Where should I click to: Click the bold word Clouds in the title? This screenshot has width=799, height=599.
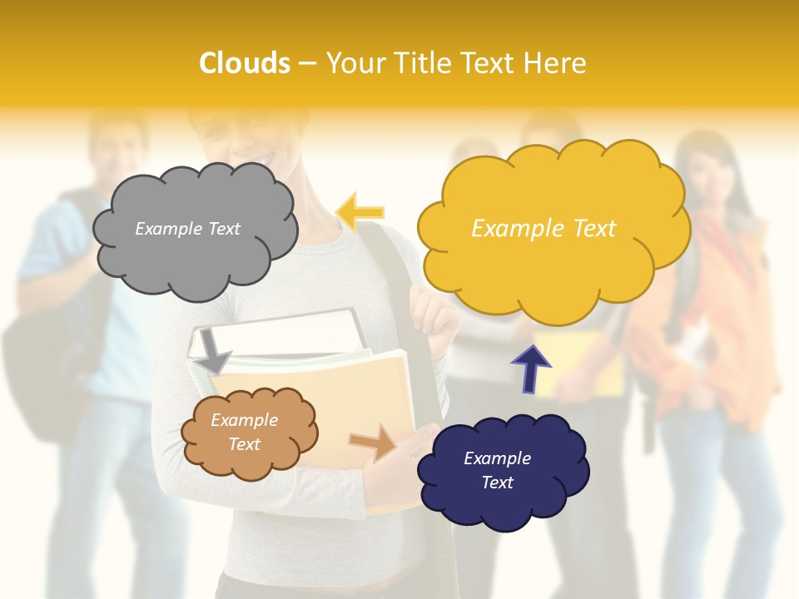245,63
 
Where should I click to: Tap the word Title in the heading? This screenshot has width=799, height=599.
421,63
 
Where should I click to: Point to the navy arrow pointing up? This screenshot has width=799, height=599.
531,367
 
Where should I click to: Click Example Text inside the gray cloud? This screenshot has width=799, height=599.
187,228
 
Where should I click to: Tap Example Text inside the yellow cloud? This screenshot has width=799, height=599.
543,228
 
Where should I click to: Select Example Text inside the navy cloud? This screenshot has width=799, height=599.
497,470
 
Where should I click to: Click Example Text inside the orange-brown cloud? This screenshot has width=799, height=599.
244,432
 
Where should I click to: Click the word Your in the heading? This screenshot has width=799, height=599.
353,63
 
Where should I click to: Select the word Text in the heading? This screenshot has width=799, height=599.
490,63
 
